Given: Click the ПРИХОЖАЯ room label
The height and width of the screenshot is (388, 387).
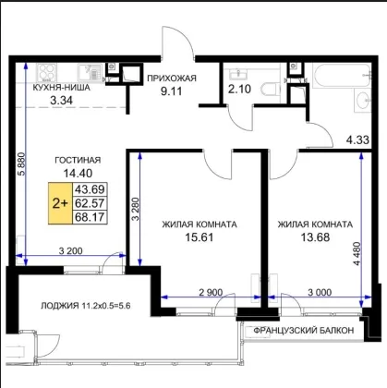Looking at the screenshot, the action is point(172,79).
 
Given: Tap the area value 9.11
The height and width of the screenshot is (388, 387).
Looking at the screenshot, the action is point(171,91).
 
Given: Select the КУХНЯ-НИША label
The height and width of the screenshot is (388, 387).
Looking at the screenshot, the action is point(61,88).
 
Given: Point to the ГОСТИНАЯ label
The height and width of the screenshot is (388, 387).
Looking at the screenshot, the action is point(78,160).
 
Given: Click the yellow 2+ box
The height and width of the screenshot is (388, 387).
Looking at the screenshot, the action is point(60,203).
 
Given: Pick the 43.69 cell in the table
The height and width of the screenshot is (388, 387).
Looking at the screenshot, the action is point(90,189).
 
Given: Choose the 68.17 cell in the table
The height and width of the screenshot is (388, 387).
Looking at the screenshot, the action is point(90,217).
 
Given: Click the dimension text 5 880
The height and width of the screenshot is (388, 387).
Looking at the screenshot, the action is point(21,164).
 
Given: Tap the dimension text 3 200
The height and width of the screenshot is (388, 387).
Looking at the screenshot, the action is point(70,251).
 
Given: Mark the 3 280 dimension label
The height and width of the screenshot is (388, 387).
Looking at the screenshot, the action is point(136,209).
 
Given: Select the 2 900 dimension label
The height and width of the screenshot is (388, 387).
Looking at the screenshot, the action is point(211,292).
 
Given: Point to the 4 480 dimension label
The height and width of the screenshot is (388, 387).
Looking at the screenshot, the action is point(357,254).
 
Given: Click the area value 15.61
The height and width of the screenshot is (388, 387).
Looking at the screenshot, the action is point(200,237).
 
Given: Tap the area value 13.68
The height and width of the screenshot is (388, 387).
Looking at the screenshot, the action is point(315,237).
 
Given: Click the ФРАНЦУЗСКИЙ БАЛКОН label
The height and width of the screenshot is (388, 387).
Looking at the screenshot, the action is point(304,331).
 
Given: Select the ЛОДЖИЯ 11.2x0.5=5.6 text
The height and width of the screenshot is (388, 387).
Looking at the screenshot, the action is point(86,306).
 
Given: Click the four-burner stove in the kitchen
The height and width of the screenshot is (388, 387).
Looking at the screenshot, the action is point(46,73).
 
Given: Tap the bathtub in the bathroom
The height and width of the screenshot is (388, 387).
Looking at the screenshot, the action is point(342,76).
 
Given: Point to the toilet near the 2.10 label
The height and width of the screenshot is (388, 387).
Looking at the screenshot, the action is point(271,90).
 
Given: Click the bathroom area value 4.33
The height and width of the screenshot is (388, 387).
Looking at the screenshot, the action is point(357,140).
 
